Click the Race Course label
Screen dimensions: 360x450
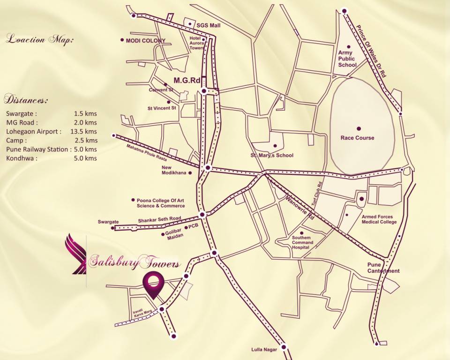tap(357, 138)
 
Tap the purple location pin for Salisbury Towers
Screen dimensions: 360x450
tap(153, 284)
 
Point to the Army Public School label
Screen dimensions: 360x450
tap(347, 59)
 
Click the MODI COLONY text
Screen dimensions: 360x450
tap(145, 41)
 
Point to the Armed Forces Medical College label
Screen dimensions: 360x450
tap(377, 219)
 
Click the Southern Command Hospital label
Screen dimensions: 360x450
tap(302, 242)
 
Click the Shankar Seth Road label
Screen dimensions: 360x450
tap(159, 219)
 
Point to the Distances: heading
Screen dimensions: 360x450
tap(26, 100)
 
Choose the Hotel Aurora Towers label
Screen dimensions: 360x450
tap(196, 43)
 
